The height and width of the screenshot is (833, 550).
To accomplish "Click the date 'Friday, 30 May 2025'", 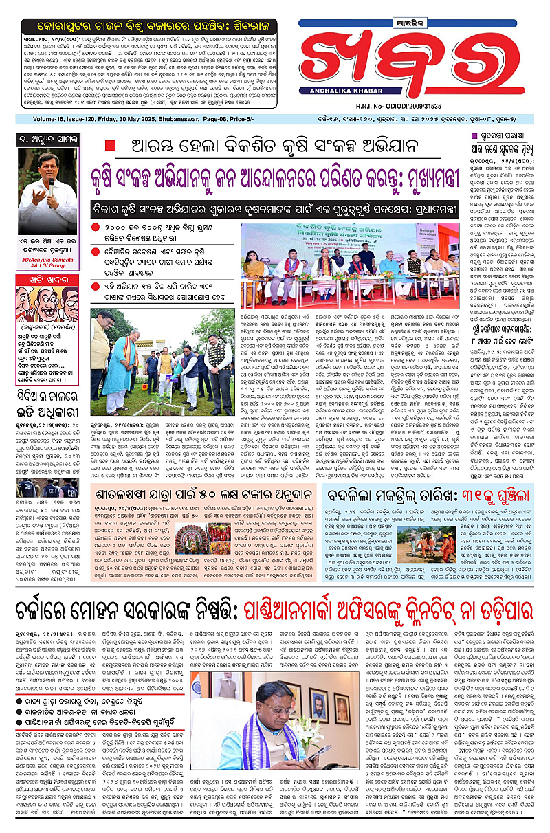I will tap(125, 125).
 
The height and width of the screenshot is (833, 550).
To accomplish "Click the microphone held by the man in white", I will tap(50, 184).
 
